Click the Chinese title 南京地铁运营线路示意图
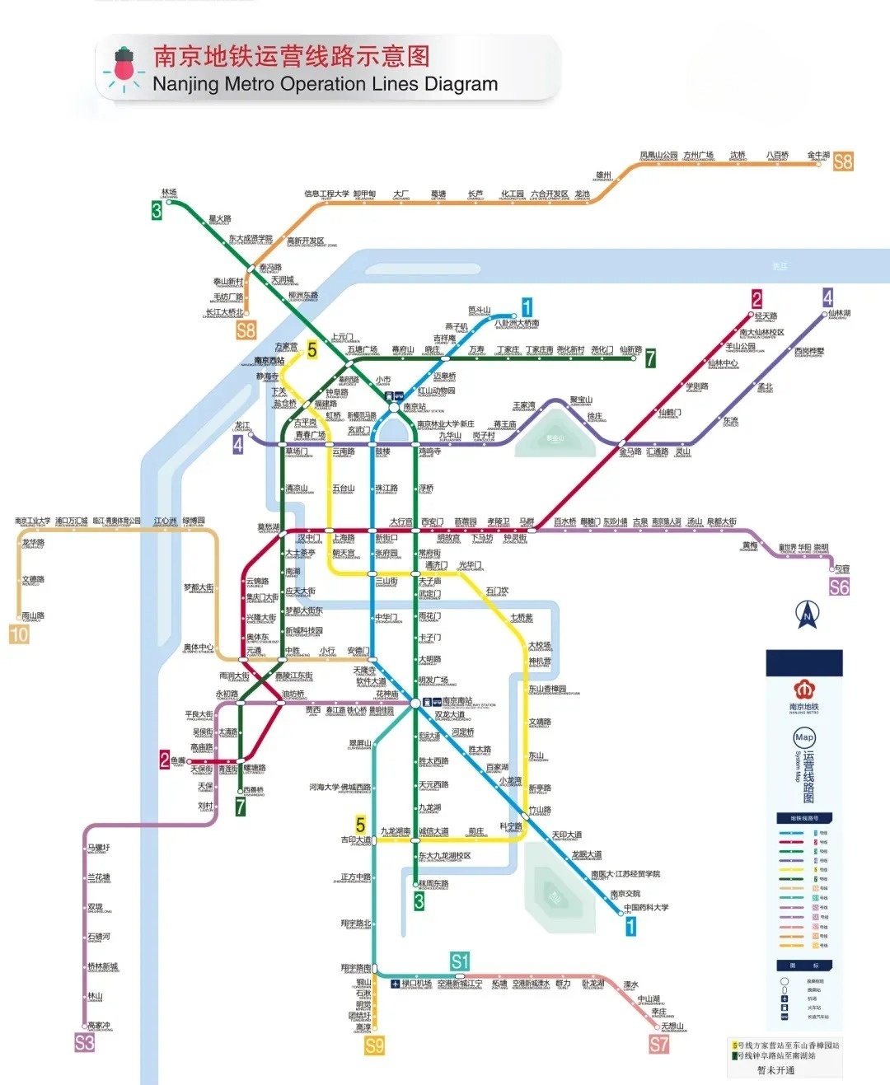click(x=292, y=56)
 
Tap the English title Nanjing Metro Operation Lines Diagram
click(x=325, y=84)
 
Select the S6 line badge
click(x=839, y=587)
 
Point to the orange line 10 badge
click(x=19, y=634)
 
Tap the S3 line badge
click(x=84, y=1043)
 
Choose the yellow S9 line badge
click(x=374, y=1046)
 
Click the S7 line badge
click(x=658, y=1045)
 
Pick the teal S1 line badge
click(x=459, y=961)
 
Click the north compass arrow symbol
click(x=807, y=614)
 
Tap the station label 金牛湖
click(x=818, y=155)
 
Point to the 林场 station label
click(x=169, y=193)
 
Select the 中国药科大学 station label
click(x=646, y=907)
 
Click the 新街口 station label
click(x=386, y=538)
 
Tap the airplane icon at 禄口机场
click(x=395, y=984)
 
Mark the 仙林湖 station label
click(x=839, y=313)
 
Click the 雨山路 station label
click(x=33, y=615)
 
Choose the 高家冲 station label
click(x=99, y=1026)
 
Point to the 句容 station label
click(x=841, y=568)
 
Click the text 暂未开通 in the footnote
click(x=775, y=1070)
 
